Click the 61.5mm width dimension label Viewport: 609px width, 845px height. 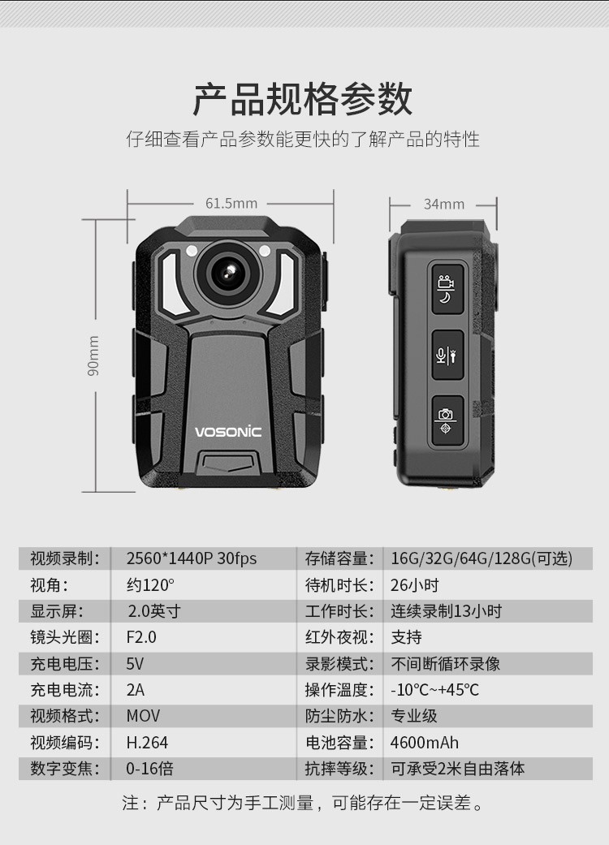[231, 204]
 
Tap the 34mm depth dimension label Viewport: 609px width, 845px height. [443, 205]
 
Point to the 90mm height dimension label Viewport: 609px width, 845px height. [93, 356]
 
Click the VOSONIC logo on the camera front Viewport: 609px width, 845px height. [228, 432]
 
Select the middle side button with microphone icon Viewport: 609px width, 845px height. [447, 356]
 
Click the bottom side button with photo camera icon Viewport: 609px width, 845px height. [447, 421]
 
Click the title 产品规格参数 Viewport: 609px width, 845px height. [303, 99]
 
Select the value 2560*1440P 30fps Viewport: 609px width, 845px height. [192, 558]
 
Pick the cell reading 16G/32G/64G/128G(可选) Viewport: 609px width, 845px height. [482, 558]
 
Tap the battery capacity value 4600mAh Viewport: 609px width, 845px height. [424, 743]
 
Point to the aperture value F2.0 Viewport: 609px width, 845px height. [141, 637]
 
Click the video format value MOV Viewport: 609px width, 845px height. [143, 716]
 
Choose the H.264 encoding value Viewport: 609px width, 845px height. [147, 743]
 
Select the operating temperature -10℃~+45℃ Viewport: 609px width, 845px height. [434, 690]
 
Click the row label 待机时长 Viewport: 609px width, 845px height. [339, 584]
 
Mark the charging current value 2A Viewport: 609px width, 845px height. [136, 690]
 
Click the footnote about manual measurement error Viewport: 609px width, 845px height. [303, 803]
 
